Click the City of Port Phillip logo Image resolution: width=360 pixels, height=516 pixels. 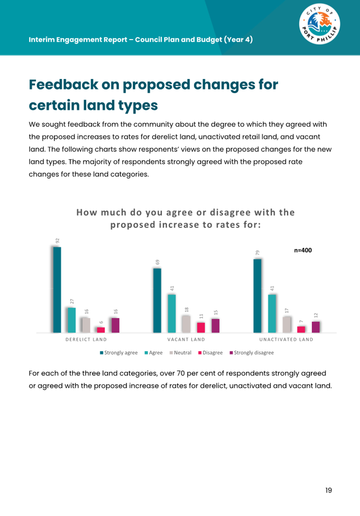tap(319, 24)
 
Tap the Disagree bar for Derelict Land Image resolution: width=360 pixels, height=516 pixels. tap(101, 330)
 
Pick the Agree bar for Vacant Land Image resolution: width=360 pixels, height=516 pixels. tap(172, 313)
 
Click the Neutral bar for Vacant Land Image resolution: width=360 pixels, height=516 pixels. tap(186, 324)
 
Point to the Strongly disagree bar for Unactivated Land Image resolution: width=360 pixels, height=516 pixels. tap(316, 327)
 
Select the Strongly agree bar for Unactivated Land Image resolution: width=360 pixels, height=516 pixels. tap(258, 296)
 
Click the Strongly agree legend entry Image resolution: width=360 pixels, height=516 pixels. tap(119, 353)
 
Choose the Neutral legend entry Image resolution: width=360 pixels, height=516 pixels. tap(180, 353)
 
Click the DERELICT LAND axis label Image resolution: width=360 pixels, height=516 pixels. tap(86, 340)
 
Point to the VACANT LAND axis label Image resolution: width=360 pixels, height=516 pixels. tap(186, 340)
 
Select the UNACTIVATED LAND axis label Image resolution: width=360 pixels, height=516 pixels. tap(286, 340)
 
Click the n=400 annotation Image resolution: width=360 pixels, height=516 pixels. tap(303, 250)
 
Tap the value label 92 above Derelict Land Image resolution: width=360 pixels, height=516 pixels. tap(58, 240)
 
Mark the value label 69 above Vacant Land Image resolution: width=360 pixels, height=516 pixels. tap(158, 262)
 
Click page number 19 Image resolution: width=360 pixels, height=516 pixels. tap(329, 490)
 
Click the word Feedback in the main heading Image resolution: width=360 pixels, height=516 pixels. tap(63, 85)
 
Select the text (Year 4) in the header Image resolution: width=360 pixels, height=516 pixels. tap(238, 40)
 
